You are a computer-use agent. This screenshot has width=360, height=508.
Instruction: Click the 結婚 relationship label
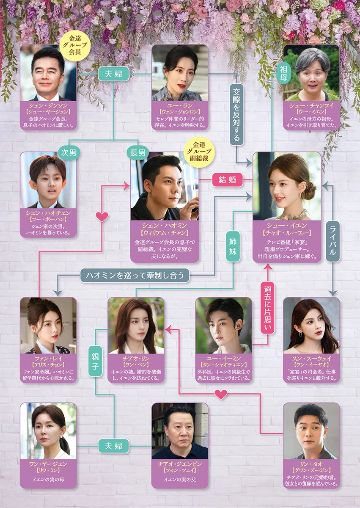click(x=228, y=180)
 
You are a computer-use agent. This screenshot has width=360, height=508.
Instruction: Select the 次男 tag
click(x=69, y=153)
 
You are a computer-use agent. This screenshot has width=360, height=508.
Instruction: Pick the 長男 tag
click(x=138, y=153)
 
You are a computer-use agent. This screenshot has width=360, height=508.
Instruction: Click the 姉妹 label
click(x=233, y=246)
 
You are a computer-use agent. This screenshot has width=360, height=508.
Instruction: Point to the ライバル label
click(x=333, y=241)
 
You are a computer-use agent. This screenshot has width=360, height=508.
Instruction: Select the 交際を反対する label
click(x=236, y=114)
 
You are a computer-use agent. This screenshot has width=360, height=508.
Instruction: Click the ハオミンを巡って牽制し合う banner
click(x=135, y=275)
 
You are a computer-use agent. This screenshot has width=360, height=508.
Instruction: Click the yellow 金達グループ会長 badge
click(x=75, y=45)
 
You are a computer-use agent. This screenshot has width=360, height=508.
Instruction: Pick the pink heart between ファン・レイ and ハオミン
click(x=102, y=217)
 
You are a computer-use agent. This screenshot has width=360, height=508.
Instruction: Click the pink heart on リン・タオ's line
click(x=221, y=395)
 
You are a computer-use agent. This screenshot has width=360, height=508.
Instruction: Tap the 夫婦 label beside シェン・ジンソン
click(x=114, y=74)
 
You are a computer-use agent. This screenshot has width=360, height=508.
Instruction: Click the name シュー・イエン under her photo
click(x=287, y=225)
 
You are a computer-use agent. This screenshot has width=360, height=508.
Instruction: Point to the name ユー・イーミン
click(x=224, y=358)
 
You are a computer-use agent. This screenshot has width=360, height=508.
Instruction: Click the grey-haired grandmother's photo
click(x=311, y=72)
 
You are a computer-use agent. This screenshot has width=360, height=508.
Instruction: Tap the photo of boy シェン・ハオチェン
click(x=48, y=180)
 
